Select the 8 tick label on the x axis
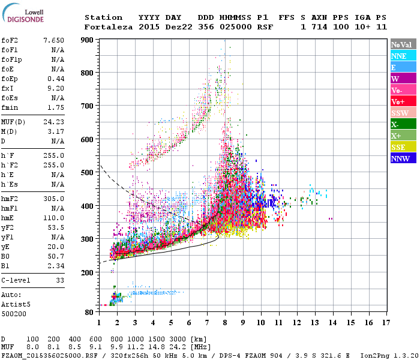pos(225,322)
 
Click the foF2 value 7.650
pos(53,40)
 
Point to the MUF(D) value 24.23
pos(53,120)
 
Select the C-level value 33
pos(59,280)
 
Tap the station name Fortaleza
pos(109,27)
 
